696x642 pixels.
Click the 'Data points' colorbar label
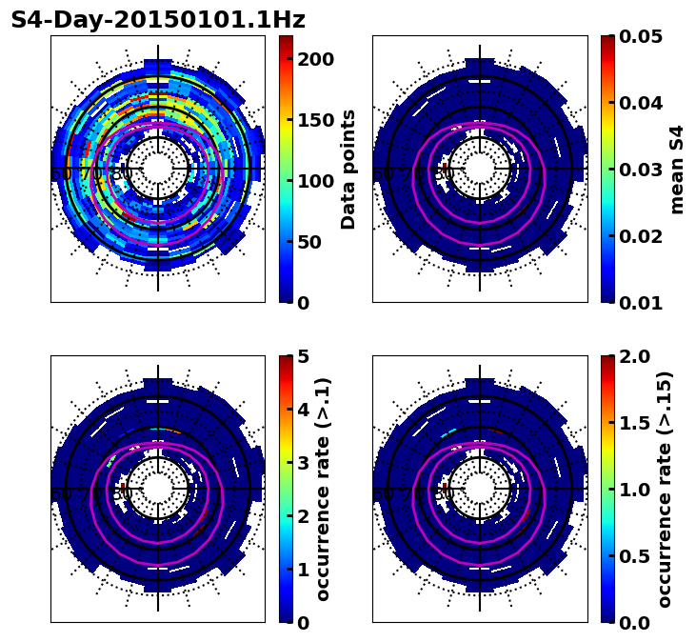tap(348, 170)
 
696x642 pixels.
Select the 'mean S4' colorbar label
tap(677, 170)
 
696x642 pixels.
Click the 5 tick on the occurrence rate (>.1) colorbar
tap(302, 356)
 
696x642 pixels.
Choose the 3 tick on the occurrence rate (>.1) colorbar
tap(302, 463)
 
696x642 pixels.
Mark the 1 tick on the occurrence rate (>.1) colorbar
tap(302, 570)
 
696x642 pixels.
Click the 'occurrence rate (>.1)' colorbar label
tap(324, 490)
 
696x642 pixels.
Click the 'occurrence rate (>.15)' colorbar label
tap(665, 490)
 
